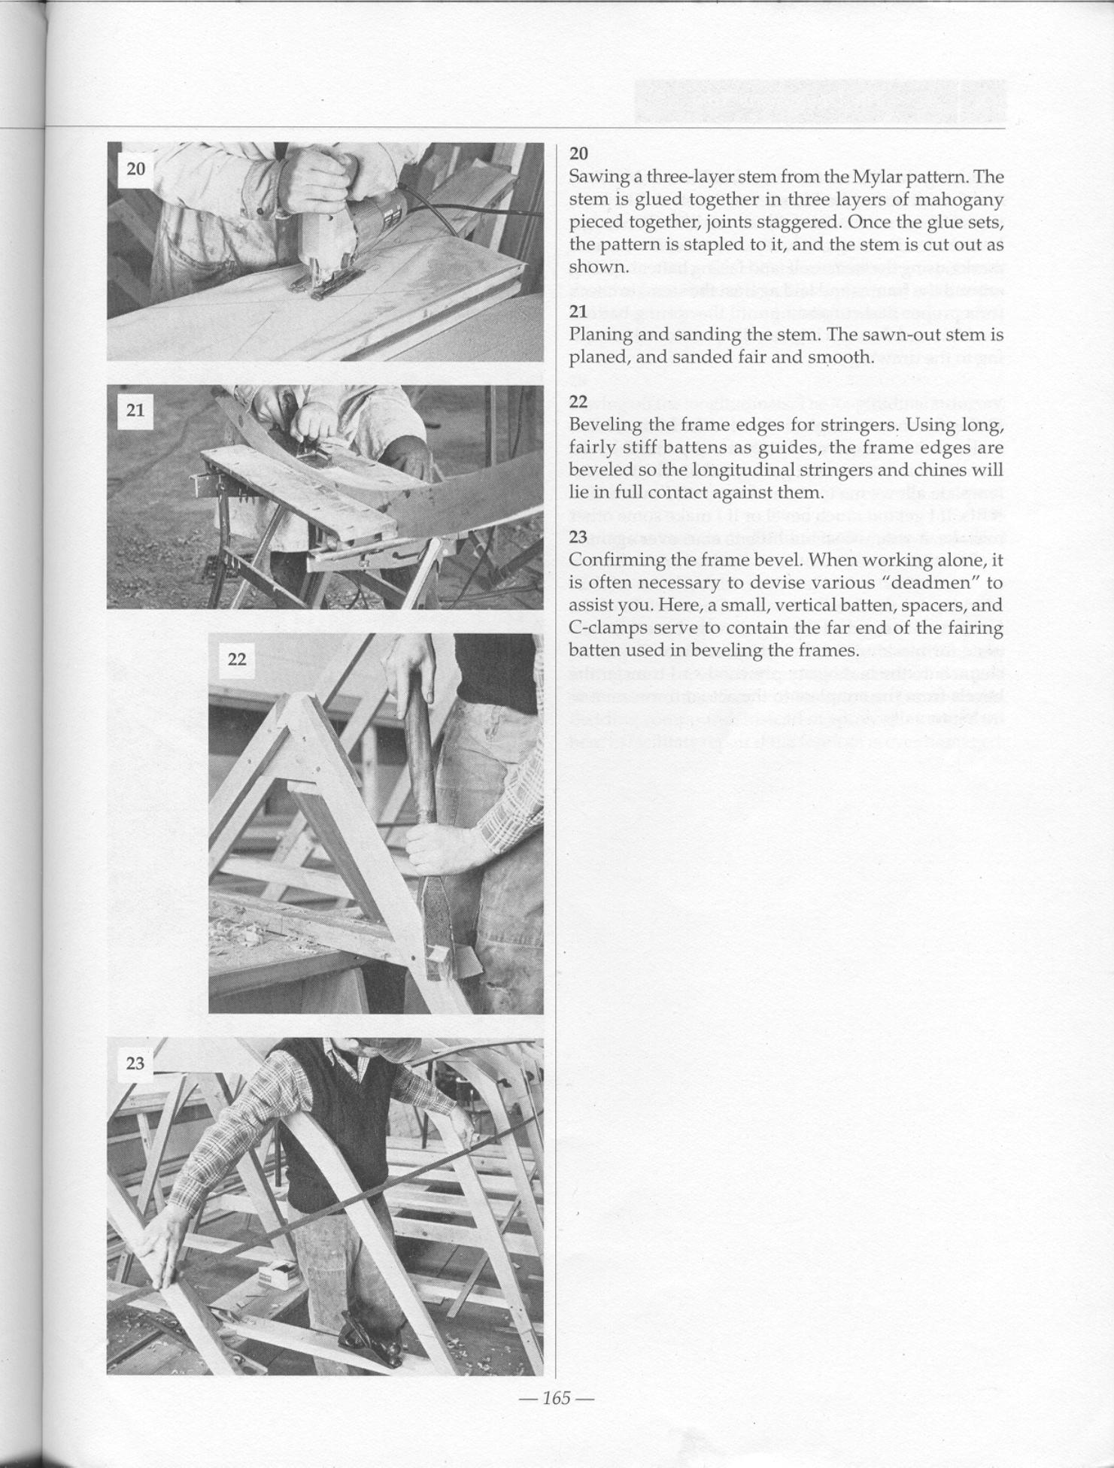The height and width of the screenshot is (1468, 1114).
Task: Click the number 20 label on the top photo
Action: tap(135, 168)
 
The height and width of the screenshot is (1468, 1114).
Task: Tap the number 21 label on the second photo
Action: tap(135, 410)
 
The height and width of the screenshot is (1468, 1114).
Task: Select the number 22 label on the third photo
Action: tap(236, 659)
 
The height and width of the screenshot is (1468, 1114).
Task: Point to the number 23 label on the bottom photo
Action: tap(135, 1063)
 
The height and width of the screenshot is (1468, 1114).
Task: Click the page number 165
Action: tap(557, 1398)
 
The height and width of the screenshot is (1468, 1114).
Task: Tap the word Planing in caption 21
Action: tap(597, 334)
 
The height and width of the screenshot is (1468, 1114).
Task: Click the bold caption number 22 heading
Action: tap(578, 402)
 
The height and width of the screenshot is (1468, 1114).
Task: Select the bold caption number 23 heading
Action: tap(578, 537)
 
